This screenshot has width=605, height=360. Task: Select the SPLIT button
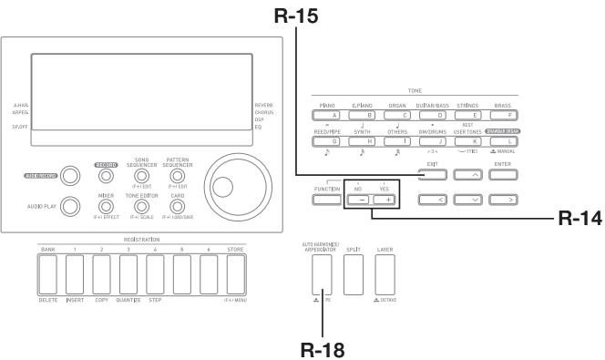pos(352,286)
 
